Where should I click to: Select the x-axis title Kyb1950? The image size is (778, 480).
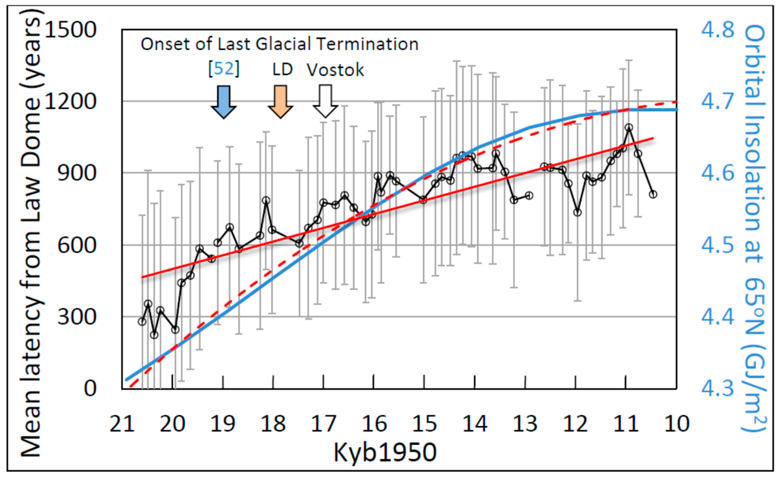(x=385, y=453)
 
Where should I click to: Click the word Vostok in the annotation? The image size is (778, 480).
(x=335, y=70)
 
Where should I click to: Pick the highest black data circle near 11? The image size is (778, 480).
(x=629, y=128)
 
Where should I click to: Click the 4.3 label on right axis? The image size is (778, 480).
(x=718, y=388)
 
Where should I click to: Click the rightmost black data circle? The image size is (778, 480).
(x=653, y=194)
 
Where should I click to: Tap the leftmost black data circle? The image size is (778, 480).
(x=142, y=322)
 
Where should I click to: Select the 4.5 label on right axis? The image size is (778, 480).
(x=718, y=245)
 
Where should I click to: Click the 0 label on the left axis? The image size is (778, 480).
(x=90, y=388)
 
